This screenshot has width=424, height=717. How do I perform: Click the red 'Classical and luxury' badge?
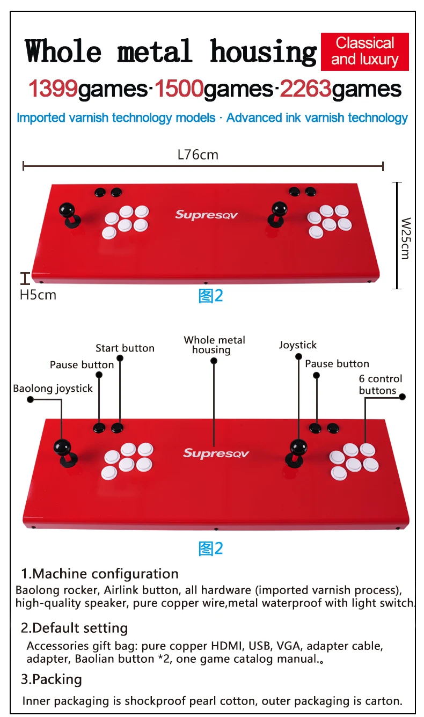point(364,52)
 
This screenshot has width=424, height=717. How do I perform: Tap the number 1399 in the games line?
point(53,89)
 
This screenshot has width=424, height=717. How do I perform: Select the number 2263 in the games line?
point(304,89)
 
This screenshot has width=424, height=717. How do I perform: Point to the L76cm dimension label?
point(198,155)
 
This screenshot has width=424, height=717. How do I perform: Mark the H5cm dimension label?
point(38,295)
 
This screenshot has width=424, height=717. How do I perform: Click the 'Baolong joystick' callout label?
point(53,388)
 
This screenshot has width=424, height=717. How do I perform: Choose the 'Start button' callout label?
point(125,348)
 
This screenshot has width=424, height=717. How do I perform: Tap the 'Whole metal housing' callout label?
point(214,345)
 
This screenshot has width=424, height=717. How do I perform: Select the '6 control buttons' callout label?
point(380,385)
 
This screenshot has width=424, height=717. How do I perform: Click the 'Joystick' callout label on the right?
point(298,345)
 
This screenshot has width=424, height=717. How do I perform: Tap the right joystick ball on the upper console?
point(279,208)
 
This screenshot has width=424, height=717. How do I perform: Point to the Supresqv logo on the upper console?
point(206,215)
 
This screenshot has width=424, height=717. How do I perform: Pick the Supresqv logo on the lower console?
point(216,453)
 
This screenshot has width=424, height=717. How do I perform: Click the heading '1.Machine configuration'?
point(100,574)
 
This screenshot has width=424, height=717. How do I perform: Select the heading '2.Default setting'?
point(74,628)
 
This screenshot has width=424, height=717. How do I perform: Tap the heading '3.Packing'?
point(52,679)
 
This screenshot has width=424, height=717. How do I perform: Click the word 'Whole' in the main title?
point(63,52)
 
